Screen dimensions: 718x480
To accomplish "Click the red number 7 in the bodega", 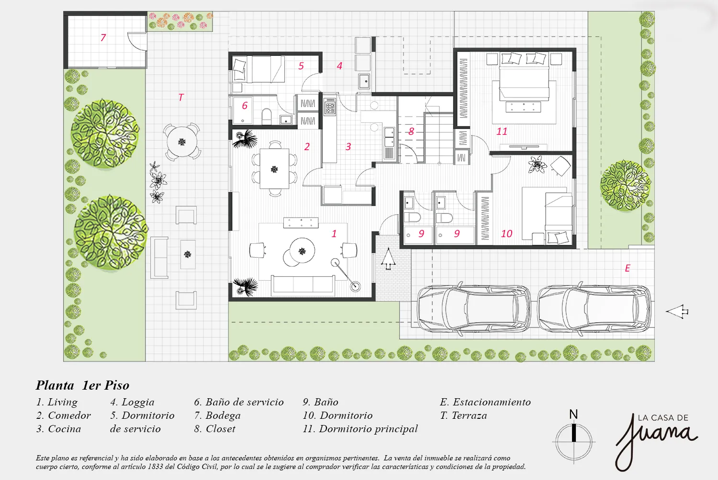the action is (x=103, y=38).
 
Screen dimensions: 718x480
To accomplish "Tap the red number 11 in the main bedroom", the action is (x=502, y=131).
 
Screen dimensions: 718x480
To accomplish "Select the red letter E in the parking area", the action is (x=628, y=268).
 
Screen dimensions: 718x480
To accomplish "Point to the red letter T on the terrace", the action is (x=181, y=98).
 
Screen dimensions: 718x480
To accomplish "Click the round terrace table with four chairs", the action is (x=182, y=142).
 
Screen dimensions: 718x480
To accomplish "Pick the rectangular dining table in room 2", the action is (x=274, y=169).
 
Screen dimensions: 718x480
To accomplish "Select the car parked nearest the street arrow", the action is (x=594, y=309).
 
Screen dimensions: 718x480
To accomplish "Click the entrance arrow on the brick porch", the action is (x=388, y=259).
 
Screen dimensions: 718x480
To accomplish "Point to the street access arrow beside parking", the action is (x=677, y=312).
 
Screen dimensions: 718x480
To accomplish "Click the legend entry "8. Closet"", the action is (x=215, y=429).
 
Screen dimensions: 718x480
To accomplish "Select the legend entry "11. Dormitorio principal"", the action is (x=360, y=429).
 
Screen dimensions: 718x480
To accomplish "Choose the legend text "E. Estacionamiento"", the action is (x=485, y=402).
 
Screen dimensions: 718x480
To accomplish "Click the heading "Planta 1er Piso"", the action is (x=82, y=385).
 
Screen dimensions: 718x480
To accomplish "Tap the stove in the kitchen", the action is (x=330, y=106).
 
